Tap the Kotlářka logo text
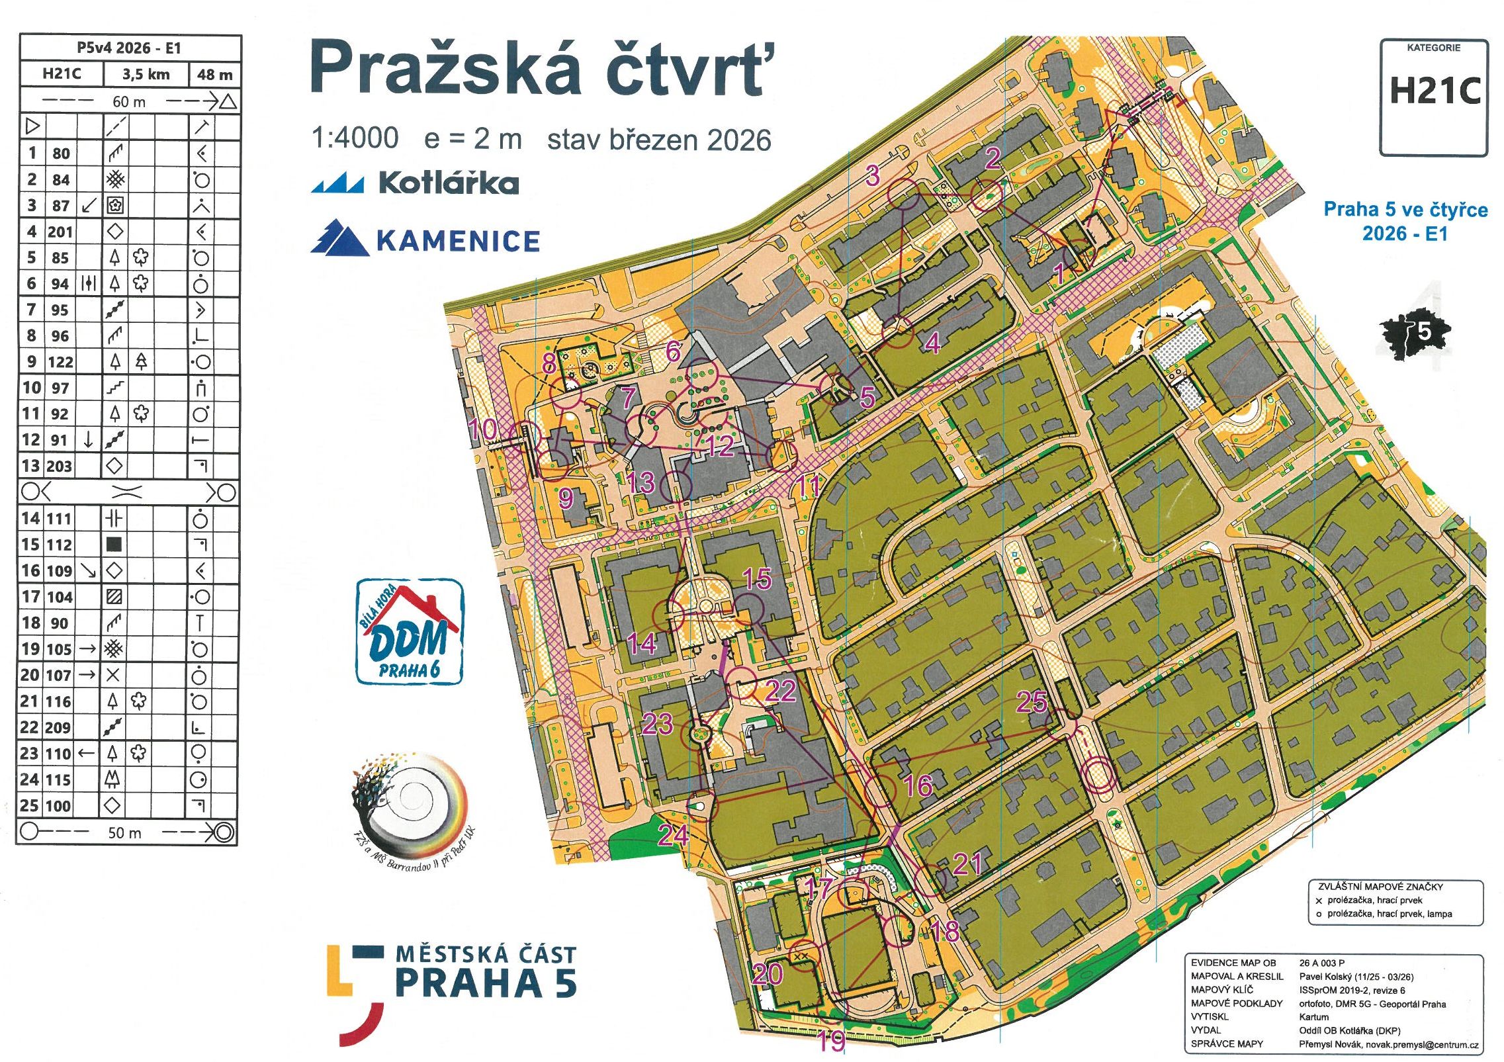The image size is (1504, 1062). [x=448, y=183]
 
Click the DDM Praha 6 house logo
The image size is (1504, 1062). [x=410, y=632]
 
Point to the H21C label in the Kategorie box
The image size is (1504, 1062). [x=1435, y=91]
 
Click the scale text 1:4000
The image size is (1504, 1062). [x=355, y=138]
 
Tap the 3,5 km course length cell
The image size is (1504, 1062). [x=146, y=74]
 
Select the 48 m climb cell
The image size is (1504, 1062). [x=215, y=74]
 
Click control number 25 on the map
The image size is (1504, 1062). [x=1031, y=702]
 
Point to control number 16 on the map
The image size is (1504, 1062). [x=918, y=785]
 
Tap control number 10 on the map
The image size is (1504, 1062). [x=482, y=429]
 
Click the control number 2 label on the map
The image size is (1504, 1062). [x=992, y=158]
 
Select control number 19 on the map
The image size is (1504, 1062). [x=832, y=1040]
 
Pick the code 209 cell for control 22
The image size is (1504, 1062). [x=59, y=727]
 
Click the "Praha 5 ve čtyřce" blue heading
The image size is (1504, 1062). [x=1405, y=210]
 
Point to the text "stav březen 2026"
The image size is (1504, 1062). [x=659, y=140]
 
